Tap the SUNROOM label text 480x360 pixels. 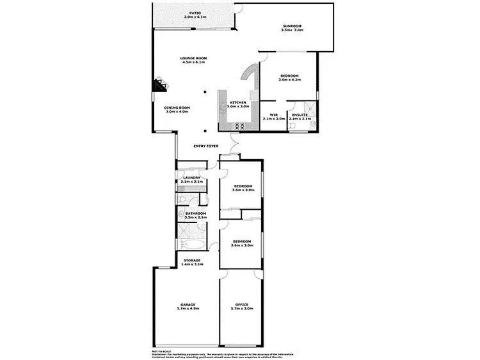(x=291, y=26)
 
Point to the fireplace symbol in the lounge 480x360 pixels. (x=157, y=85)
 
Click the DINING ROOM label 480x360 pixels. (x=177, y=107)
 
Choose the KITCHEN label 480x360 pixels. (x=238, y=102)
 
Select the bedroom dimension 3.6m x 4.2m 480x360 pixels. (x=289, y=80)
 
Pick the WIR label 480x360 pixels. (x=273, y=115)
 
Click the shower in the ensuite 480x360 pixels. (x=309, y=107)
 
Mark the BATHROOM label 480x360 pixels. (x=195, y=213)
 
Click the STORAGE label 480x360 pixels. (x=192, y=260)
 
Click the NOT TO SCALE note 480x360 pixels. (x=161, y=351)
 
